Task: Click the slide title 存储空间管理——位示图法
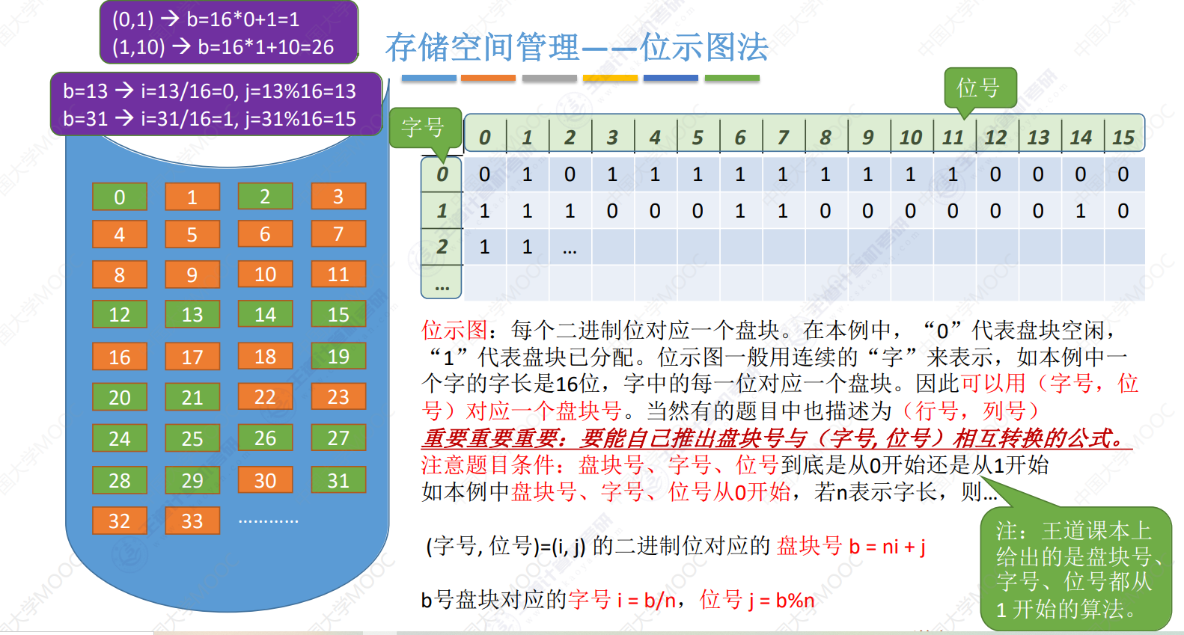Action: pyautogui.click(x=576, y=47)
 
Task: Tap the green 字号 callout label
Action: pyautogui.click(x=424, y=129)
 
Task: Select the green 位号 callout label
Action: pyautogui.click(x=980, y=88)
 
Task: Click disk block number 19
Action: pyautogui.click(x=338, y=356)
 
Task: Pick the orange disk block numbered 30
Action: pyautogui.click(x=266, y=480)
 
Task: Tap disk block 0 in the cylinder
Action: pyautogui.click(x=120, y=197)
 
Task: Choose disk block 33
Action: pyautogui.click(x=192, y=521)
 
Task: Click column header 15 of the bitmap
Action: pyautogui.click(x=1123, y=138)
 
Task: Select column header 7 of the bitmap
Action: pyautogui.click(x=783, y=138)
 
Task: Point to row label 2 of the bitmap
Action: pyautogui.click(x=442, y=247)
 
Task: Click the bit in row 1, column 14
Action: pyautogui.click(x=1081, y=211)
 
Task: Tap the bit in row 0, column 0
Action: pyautogui.click(x=484, y=174)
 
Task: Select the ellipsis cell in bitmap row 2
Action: pyautogui.click(x=570, y=248)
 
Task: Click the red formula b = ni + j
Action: pyautogui.click(x=888, y=546)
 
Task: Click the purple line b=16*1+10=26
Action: pyautogui.click(x=223, y=47)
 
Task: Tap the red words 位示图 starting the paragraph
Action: pyautogui.click(x=454, y=331)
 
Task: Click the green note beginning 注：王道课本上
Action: pyautogui.click(x=1076, y=569)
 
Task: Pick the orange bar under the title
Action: pyautogui.click(x=488, y=78)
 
